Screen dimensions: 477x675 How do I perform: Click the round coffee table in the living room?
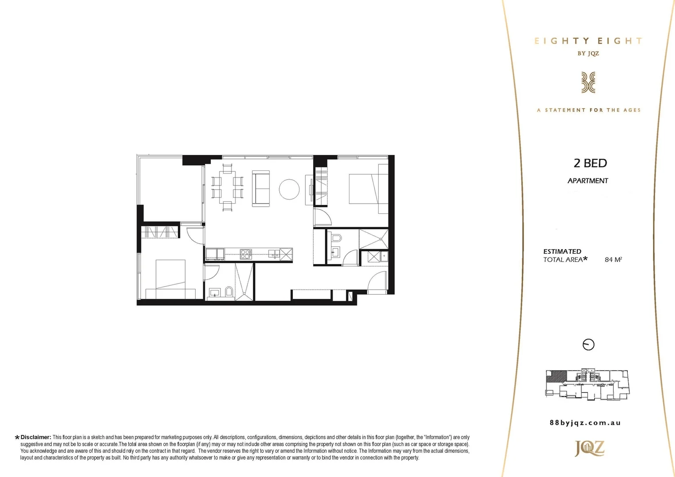pos(289,189)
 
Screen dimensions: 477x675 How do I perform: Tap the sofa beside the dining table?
pos(261,188)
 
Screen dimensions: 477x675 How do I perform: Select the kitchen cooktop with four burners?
pos(246,254)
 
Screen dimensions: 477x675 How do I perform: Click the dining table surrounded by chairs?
pos(227,187)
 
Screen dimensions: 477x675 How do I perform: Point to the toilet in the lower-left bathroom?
pos(229,292)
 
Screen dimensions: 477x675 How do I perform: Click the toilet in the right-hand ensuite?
pos(337,238)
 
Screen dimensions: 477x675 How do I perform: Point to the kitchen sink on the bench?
pos(274,254)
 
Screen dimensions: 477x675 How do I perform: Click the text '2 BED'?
pos(590,163)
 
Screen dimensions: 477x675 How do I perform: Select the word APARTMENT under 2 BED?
pos(588,181)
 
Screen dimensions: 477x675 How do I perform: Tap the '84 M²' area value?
pos(613,260)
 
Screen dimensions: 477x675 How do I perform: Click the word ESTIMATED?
pos(562,251)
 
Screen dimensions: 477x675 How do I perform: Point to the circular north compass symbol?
pos(588,344)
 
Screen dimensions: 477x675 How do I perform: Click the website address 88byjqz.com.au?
pos(585,423)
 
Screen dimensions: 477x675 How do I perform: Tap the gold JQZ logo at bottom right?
pos(589,448)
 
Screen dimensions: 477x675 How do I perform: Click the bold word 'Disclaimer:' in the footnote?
pos(36,437)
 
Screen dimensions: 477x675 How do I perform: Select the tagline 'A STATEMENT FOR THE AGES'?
pos(588,110)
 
